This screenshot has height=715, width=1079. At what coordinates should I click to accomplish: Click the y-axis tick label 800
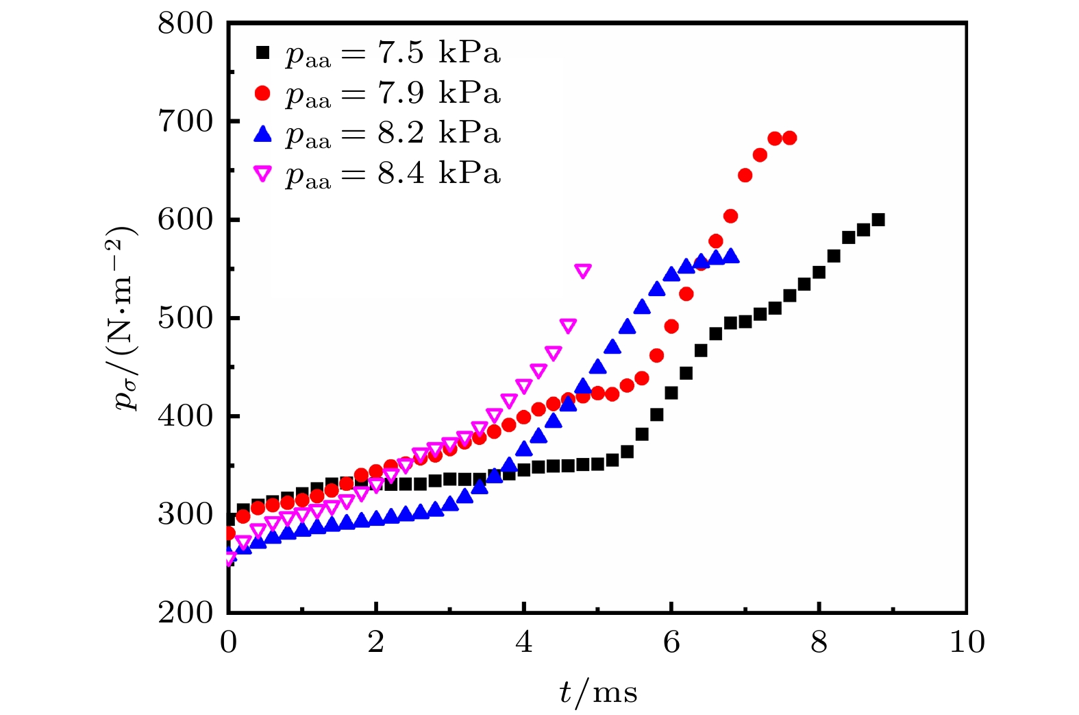click(x=186, y=24)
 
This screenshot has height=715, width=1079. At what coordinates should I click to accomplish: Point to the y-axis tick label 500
click(x=186, y=319)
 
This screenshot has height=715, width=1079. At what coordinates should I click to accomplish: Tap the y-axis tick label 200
click(x=186, y=612)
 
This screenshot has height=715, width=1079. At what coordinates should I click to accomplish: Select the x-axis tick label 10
click(x=967, y=642)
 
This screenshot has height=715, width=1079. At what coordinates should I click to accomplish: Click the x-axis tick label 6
click(x=671, y=642)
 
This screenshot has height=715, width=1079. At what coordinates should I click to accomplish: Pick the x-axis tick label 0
click(x=228, y=642)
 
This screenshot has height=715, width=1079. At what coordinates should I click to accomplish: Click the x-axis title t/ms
click(x=598, y=692)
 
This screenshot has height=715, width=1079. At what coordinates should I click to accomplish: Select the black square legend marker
click(x=262, y=53)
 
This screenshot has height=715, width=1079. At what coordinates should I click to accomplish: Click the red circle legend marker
click(x=262, y=93)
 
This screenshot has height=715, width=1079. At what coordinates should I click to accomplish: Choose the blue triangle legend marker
click(x=262, y=134)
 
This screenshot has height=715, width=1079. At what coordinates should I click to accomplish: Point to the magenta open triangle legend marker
click(x=262, y=174)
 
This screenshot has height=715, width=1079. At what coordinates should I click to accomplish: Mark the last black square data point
click(x=878, y=220)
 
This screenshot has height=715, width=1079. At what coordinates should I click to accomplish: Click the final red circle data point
click(x=789, y=138)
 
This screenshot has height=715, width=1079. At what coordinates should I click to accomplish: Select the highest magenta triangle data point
click(x=583, y=271)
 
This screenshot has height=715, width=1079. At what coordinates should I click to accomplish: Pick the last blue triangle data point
click(x=731, y=256)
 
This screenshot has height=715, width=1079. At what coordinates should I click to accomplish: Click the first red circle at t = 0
click(x=229, y=533)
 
